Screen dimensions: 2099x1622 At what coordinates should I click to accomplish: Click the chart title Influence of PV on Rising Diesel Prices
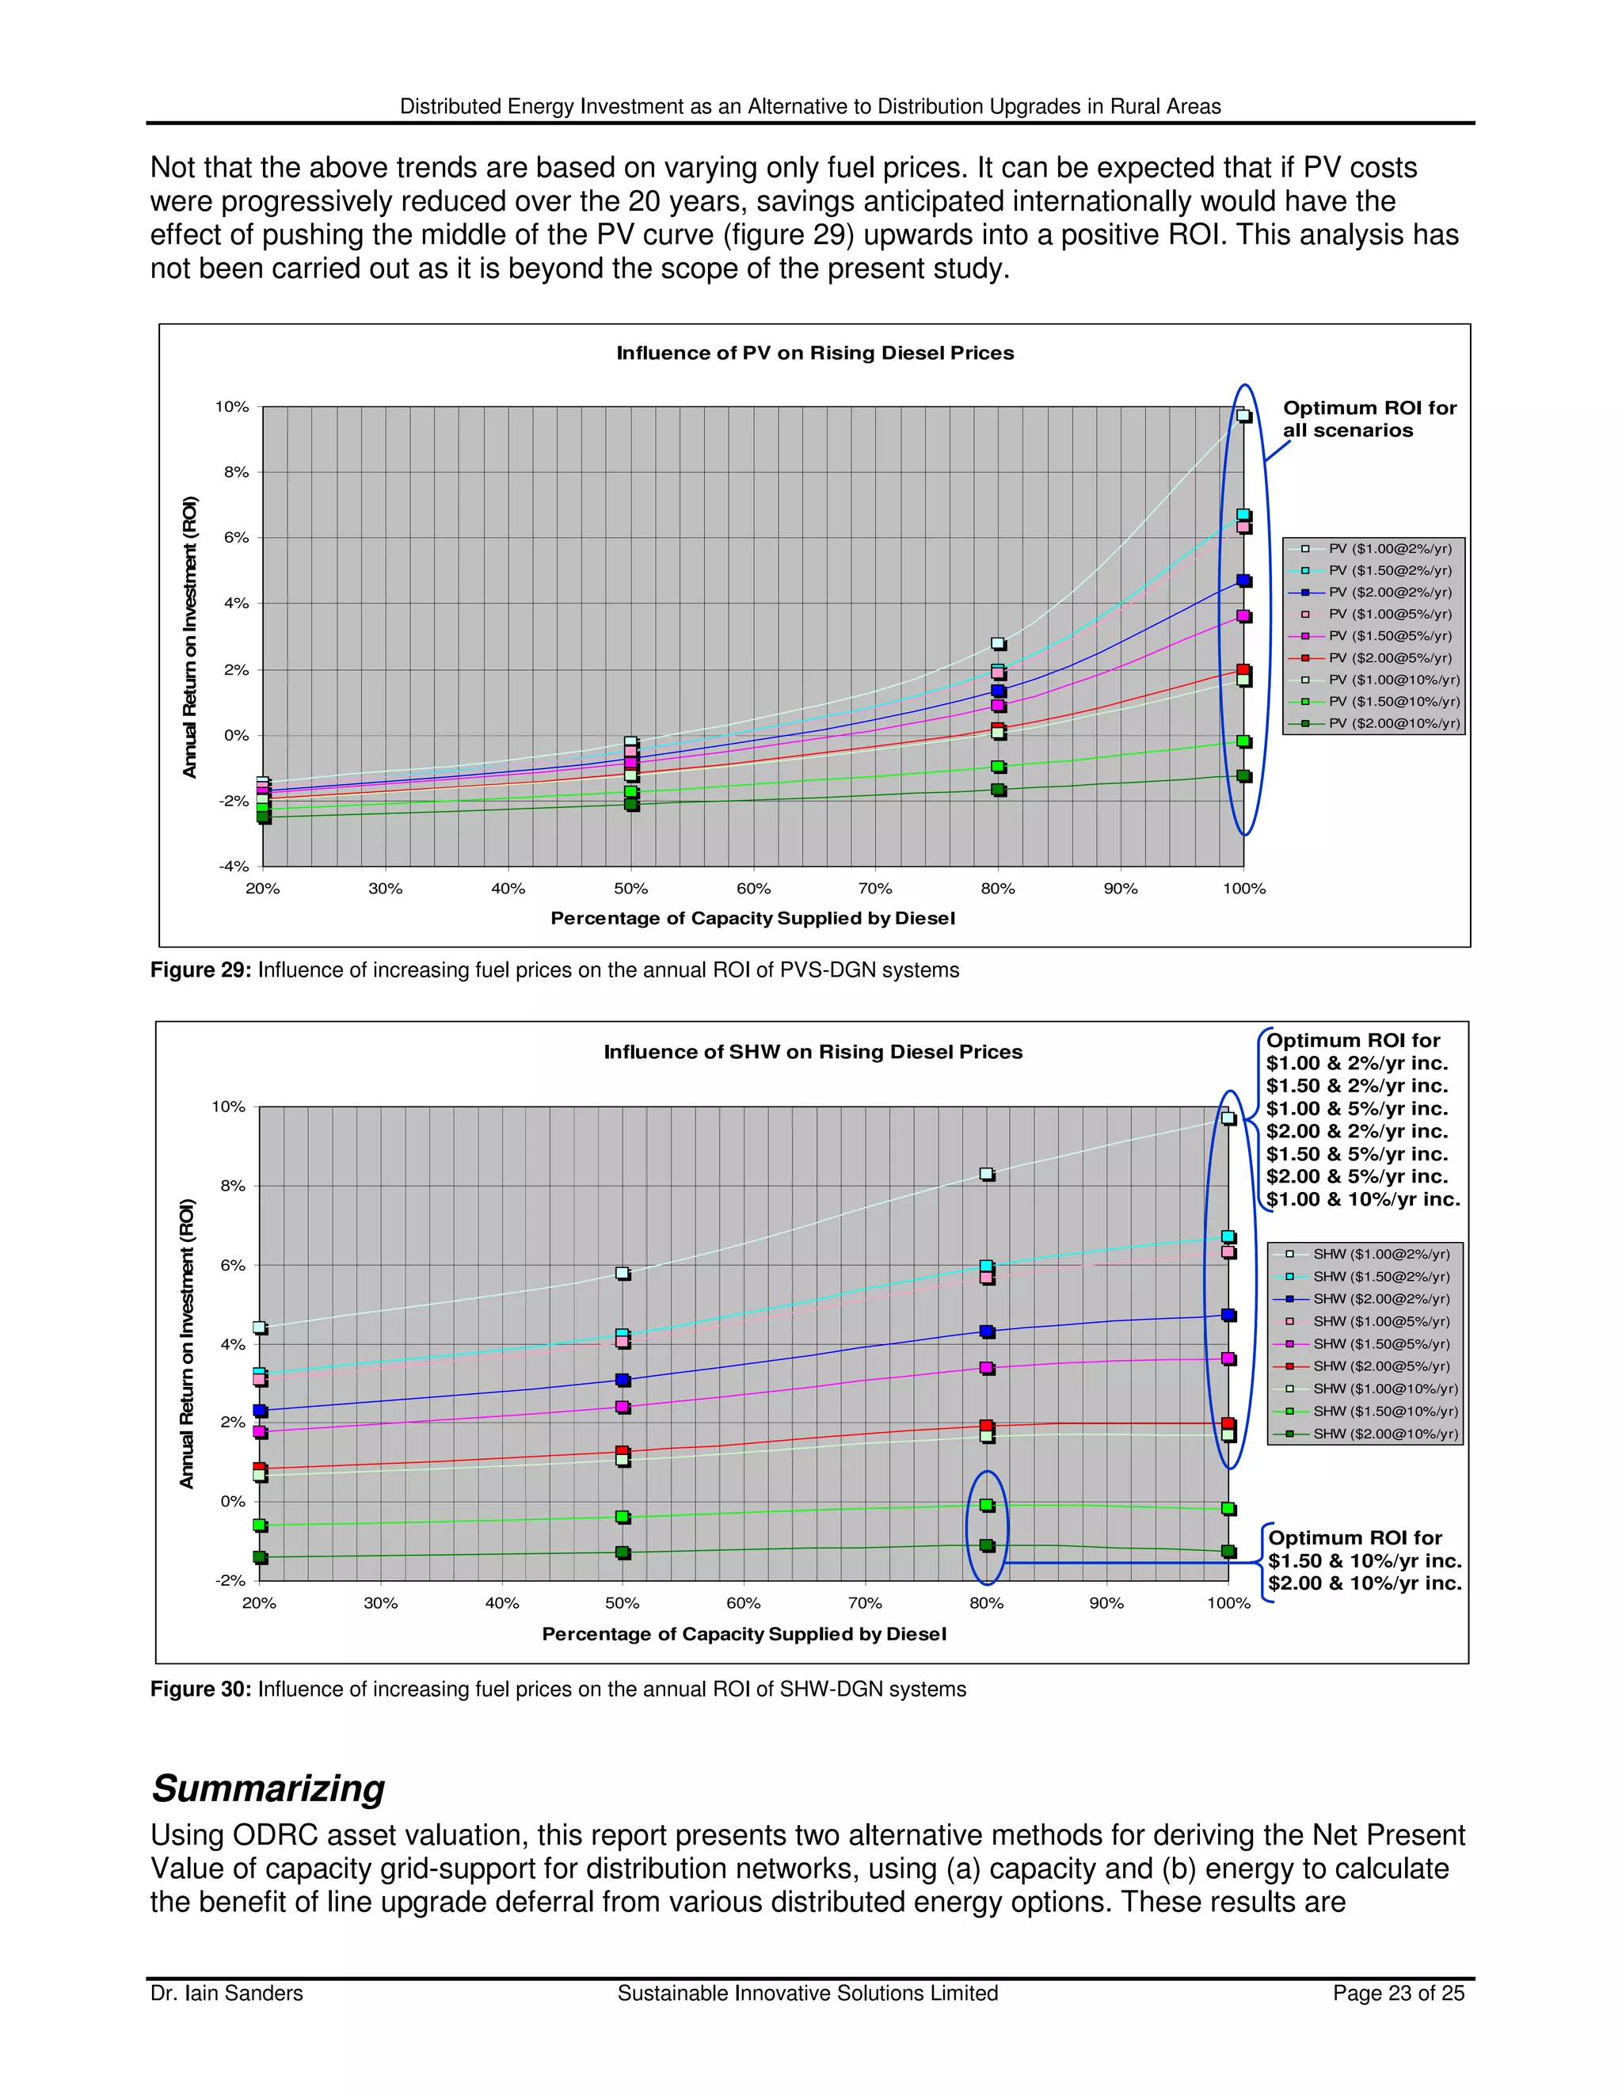(x=815, y=352)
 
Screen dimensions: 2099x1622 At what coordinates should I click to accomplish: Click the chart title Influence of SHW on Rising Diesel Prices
(x=813, y=1051)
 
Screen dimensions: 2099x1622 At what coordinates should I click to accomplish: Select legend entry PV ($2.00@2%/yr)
(x=1389, y=592)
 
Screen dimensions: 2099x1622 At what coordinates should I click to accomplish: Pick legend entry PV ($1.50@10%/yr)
(x=1393, y=702)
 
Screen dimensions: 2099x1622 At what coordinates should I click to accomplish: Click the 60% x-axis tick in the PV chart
(x=753, y=889)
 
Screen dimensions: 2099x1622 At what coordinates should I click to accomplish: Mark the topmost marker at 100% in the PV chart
(x=1243, y=415)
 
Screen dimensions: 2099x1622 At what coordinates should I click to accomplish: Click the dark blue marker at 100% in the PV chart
(x=1244, y=581)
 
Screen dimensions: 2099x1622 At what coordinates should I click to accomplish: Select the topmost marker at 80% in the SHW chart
(x=987, y=1174)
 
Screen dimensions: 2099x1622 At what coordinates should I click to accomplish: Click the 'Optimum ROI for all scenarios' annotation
(x=1369, y=419)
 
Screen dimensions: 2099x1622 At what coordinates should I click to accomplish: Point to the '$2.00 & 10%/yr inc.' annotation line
(x=1365, y=1583)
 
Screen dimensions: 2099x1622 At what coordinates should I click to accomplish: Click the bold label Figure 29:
(x=201, y=970)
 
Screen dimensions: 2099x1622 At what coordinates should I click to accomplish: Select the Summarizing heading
(x=268, y=1789)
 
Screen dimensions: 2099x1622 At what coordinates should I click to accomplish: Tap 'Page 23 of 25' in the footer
(x=1398, y=1994)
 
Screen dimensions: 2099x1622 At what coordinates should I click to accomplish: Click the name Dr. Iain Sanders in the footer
(x=227, y=1994)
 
